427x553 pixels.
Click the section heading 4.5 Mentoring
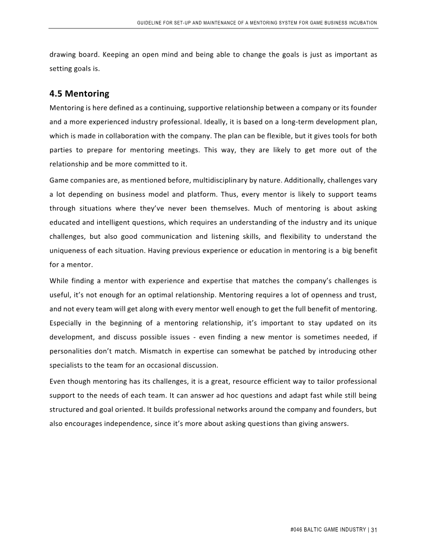(79, 94)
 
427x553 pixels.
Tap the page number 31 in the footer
(374, 529)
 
